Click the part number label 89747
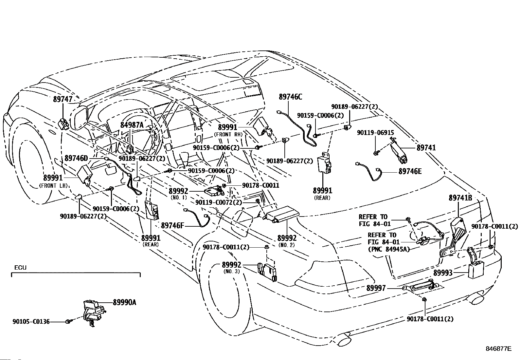pyautogui.click(x=63, y=99)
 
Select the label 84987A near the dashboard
pyautogui.click(x=132, y=125)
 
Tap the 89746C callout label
pyautogui.click(x=291, y=97)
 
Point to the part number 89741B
pyautogui.click(x=460, y=198)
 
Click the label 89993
pyautogui.click(x=443, y=273)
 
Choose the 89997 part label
pyautogui.click(x=376, y=288)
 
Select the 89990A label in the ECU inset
pyautogui.click(x=124, y=302)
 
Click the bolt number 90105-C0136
pyautogui.click(x=31, y=322)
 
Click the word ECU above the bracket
pyautogui.click(x=21, y=268)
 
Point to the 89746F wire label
pyautogui.click(x=172, y=225)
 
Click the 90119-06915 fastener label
pyautogui.click(x=376, y=133)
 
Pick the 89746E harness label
pyautogui.click(x=410, y=171)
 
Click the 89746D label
pyautogui.click(x=76, y=158)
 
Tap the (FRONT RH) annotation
pyautogui.click(x=228, y=134)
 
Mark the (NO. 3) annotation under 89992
pyautogui.click(x=231, y=271)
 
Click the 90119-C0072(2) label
pyautogui.click(x=219, y=202)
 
